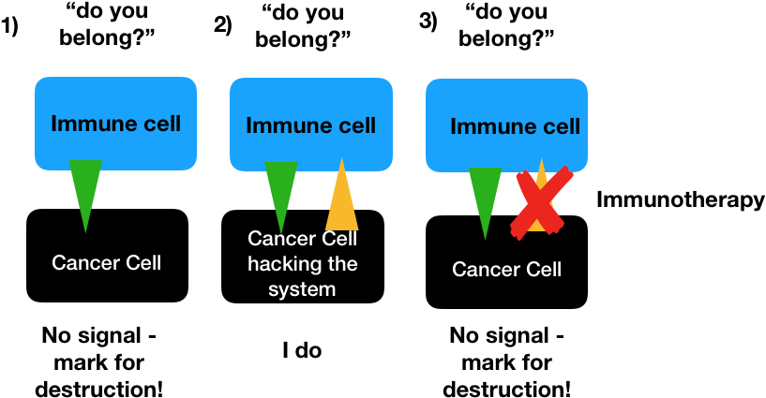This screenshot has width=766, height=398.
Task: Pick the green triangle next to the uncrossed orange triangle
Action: point(280,192)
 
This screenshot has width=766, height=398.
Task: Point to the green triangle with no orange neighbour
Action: point(85,190)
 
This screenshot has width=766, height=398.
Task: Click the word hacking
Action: point(278,264)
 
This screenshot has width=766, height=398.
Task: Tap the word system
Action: point(302,289)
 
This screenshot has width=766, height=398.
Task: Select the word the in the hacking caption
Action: point(341,264)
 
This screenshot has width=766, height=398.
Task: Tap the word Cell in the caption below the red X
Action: point(543,270)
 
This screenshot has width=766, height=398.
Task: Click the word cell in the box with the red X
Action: point(559,126)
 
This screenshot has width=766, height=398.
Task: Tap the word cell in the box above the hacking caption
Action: point(354,125)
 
